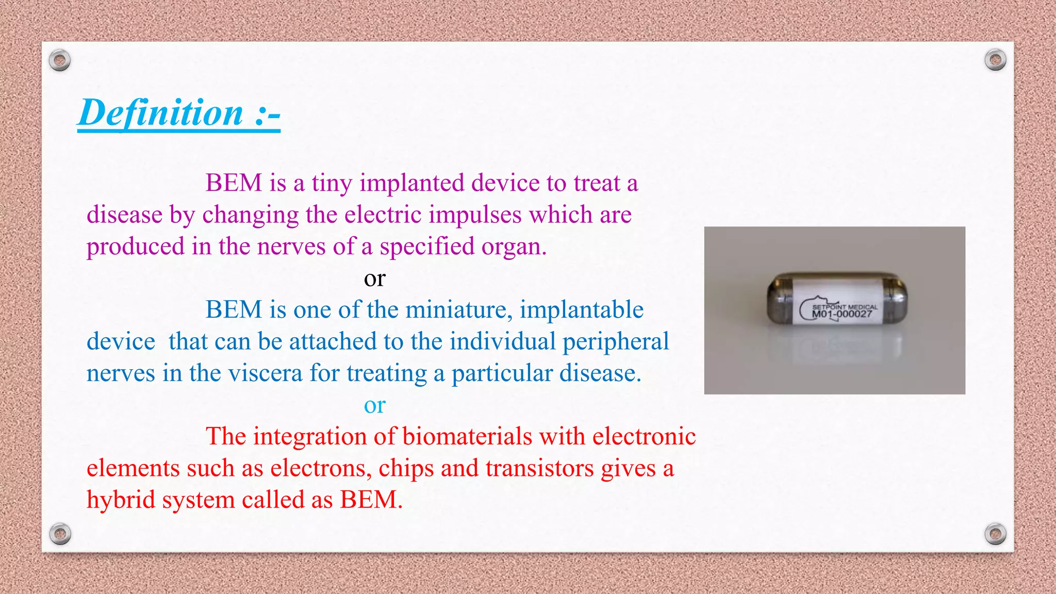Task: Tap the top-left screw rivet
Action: pyautogui.click(x=60, y=61)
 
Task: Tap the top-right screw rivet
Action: pyautogui.click(x=995, y=60)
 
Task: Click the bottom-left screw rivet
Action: pyautogui.click(x=60, y=533)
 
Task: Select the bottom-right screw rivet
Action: pyautogui.click(x=995, y=533)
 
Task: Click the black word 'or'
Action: pyautogui.click(x=374, y=279)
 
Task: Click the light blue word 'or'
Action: pyautogui.click(x=374, y=406)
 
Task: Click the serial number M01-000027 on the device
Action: pyautogui.click(x=842, y=314)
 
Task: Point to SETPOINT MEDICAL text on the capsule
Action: pyautogui.click(x=845, y=307)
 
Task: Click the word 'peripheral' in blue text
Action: pyautogui.click(x=616, y=342)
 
